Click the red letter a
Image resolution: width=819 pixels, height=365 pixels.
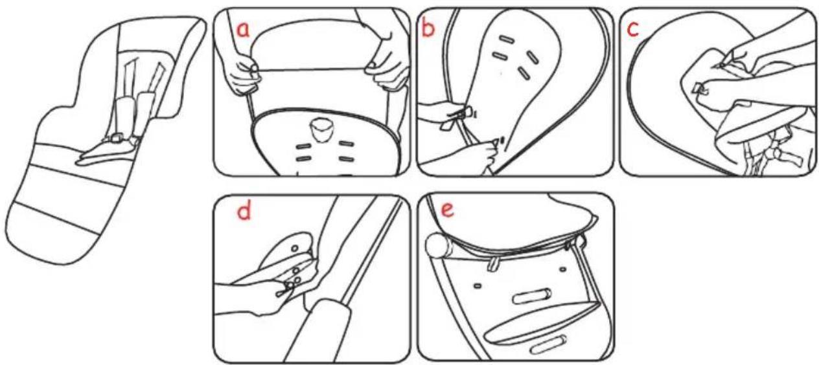pyautogui.click(x=244, y=30)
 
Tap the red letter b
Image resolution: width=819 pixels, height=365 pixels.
pyautogui.click(x=428, y=27)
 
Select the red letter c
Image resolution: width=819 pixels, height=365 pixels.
pyautogui.click(x=633, y=29)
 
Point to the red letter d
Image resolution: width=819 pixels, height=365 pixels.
pyautogui.click(x=244, y=211)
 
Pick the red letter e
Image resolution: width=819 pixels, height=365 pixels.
pyautogui.click(x=447, y=210)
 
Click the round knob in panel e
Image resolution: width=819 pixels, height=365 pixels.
pyautogui.click(x=437, y=245)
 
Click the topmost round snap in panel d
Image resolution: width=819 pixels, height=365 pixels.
pyautogui.click(x=295, y=248)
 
